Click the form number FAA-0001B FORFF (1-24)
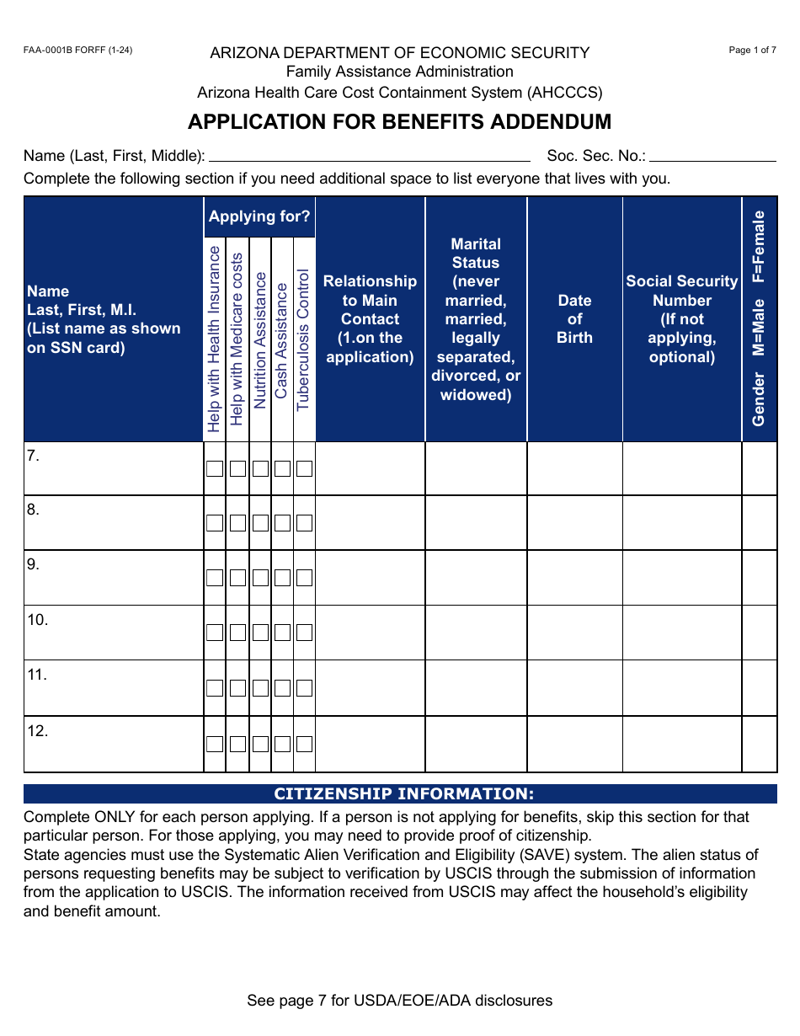tap(77, 51)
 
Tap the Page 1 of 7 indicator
tap(752, 51)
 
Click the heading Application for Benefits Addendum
tap(399, 121)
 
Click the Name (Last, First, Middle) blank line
tap(369, 156)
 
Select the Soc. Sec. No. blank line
tap(712, 156)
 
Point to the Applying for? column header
tap(259, 216)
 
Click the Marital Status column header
tap(476, 319)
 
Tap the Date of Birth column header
tap(574, 319)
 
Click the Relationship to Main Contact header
tap(370, 319)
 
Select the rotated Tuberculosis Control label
tap(303, 339)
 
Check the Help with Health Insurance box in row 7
tap(215, 468)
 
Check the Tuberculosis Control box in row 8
tap(304, 523)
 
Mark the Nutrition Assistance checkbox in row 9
tap(260, 578)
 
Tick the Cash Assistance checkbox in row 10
tap(282, 633)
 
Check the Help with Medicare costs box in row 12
tap(237, 744)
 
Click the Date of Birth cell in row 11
tap(574, 687)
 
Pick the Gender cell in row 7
tap(759, 468)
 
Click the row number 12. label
tap(38, 731)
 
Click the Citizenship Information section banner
tap(400, 794)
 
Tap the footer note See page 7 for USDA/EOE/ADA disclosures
tap(399, 1001)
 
